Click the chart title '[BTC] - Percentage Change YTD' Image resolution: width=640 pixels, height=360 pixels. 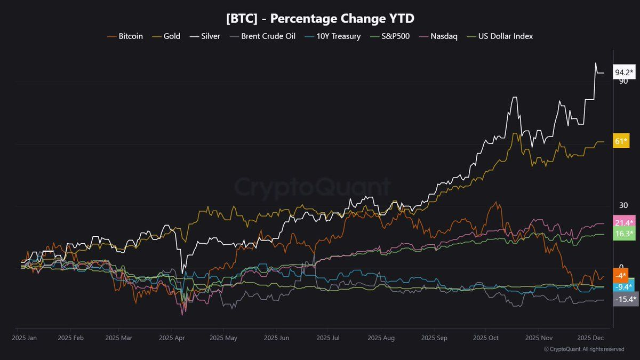pos(320,18)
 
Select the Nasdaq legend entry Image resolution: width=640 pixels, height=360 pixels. pos(438,36)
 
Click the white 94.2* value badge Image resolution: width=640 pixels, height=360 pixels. pos(623,73)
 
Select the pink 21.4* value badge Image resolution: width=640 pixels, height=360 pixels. pos(623,222)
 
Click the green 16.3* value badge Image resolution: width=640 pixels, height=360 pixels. pos(623,234)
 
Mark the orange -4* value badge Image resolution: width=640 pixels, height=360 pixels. pos(620,276)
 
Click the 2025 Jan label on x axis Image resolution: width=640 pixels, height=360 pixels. pos(25,338)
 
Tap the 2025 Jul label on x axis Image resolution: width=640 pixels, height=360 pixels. pos(328,338)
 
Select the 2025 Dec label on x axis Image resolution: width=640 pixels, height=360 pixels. pos(591,338)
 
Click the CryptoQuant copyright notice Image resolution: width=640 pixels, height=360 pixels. pos(583,349)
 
